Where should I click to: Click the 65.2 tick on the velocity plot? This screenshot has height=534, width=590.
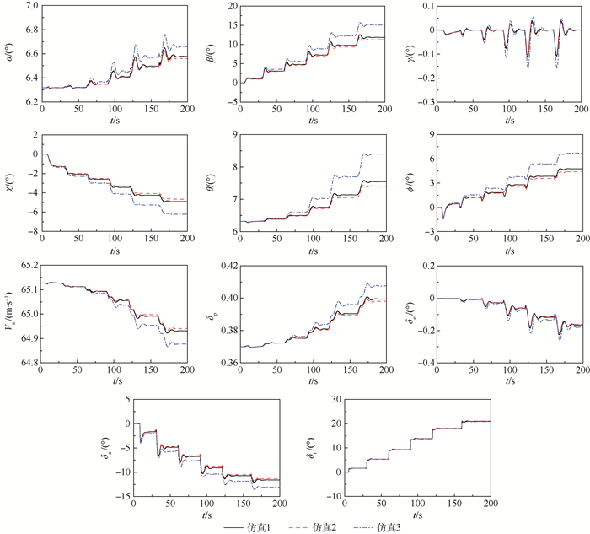tap(26, 266)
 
